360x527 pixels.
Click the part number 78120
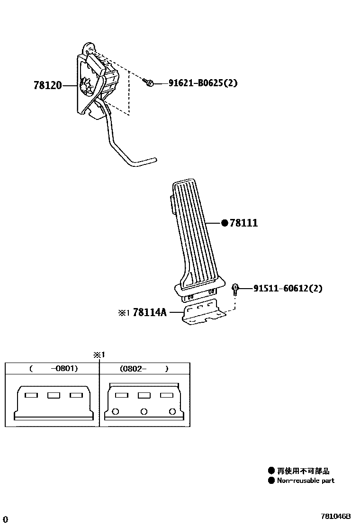pos(47,86)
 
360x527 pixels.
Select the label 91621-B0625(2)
pos(203,83)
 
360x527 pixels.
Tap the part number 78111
pos(243,223)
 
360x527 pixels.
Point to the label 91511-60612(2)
pos(288,288)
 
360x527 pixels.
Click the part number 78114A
pos(150,312)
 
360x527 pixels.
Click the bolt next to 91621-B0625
pos(149,83)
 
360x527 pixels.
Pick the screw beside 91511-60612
pos(235,288)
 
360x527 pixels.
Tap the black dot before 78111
pos(225,223)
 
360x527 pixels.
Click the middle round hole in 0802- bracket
pos(144,411)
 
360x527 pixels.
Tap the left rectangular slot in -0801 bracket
pos(31,395)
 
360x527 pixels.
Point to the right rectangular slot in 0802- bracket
pos(166,395)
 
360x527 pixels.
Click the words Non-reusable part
pos(306,481)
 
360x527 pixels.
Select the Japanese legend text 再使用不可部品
pos(303,471)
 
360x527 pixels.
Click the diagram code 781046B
pos(335,516)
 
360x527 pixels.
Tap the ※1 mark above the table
pos(99,354)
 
